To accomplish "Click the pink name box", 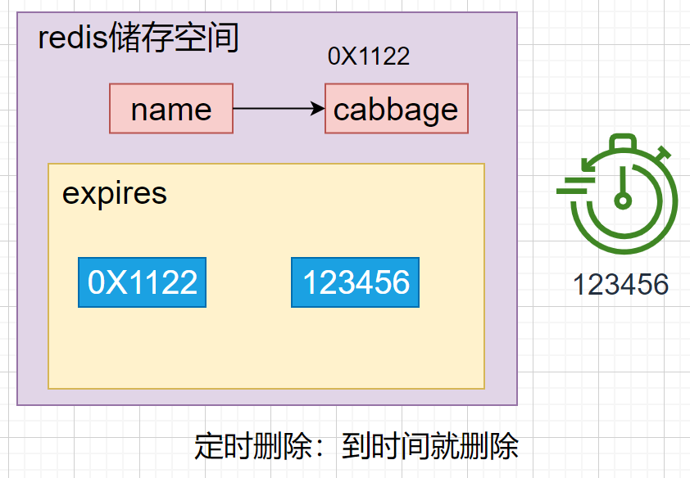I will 171,108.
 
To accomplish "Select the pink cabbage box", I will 396,108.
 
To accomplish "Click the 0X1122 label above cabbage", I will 368,56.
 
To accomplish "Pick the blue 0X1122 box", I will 142,282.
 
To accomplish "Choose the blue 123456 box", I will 355,282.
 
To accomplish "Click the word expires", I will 115,193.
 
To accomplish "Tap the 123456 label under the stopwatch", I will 620,285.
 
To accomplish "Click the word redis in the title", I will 72,38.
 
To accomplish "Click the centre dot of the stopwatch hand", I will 624,199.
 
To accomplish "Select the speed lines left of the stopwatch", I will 574,187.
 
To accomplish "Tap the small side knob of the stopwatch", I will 663,153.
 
